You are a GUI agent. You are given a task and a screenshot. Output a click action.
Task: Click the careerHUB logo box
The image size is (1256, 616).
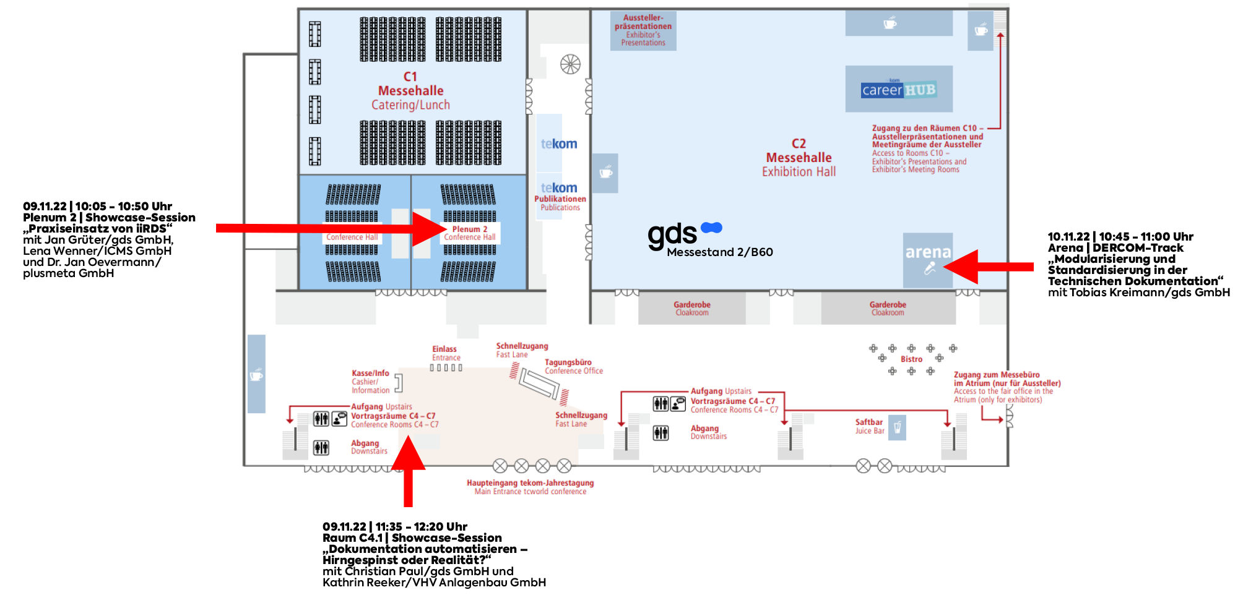coord(899,89)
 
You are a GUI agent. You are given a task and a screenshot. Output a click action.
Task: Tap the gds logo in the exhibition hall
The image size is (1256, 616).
coord(685,235)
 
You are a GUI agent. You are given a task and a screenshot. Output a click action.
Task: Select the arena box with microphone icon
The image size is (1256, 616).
coord(927,260)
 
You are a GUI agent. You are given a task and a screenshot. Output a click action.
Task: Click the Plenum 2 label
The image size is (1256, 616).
coord(470,229)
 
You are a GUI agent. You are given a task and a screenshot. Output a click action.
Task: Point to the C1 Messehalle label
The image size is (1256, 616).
coord(410,90)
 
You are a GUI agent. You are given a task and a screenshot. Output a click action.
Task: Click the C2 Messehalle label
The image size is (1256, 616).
coord(799,158)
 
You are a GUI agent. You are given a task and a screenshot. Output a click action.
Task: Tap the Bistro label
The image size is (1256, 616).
coord(911,359)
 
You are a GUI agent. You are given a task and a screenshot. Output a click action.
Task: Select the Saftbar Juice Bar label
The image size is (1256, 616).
coord(870,426)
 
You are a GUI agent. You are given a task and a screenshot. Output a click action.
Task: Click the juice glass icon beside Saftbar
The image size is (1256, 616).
coord(897,427)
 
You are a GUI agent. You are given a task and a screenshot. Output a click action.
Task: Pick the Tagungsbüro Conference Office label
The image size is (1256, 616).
coord(574,367)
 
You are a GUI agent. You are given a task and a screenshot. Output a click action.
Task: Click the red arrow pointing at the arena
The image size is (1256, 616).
coord(989,267)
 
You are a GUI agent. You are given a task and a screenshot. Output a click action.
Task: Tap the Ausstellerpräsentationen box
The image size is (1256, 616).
coord(643,30)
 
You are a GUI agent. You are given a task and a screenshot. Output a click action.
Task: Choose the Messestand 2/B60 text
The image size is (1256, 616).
coord(720,252)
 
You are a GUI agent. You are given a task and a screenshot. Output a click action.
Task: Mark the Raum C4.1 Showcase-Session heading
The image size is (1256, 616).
coord(412,538)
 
